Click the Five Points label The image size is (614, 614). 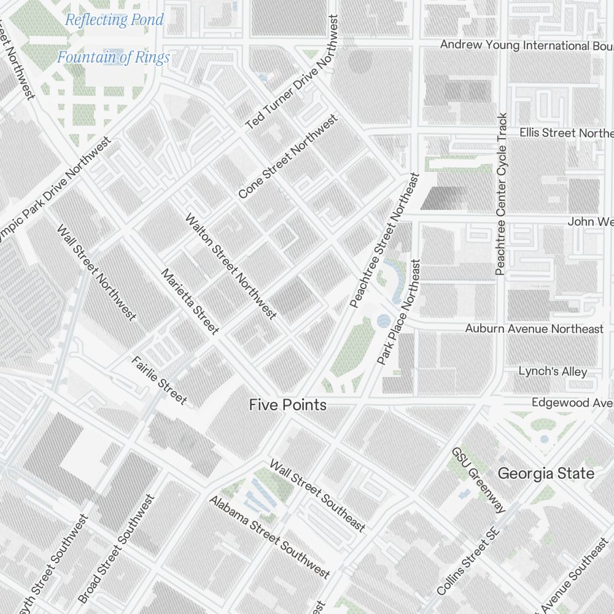pos(287,405)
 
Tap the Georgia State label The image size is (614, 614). pos(545,473)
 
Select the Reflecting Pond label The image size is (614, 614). pos(115,20)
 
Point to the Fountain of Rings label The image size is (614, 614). pos(114,58)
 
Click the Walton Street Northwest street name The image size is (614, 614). pos(231,266)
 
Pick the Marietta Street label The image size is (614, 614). pos(190,301)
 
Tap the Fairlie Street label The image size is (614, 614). pos(159,379)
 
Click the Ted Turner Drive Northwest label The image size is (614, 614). pos(292,72)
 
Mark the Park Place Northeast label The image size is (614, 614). pos(399,312)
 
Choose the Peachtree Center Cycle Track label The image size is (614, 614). pos(502,194)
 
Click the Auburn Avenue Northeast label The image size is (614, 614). pos(534,328)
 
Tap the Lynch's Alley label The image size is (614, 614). pos(553,371)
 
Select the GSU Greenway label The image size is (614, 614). pos(479,480)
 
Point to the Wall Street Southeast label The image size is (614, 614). pos(317,495)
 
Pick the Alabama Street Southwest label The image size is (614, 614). pos(270,537)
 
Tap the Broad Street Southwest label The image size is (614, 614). pos(116,548)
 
